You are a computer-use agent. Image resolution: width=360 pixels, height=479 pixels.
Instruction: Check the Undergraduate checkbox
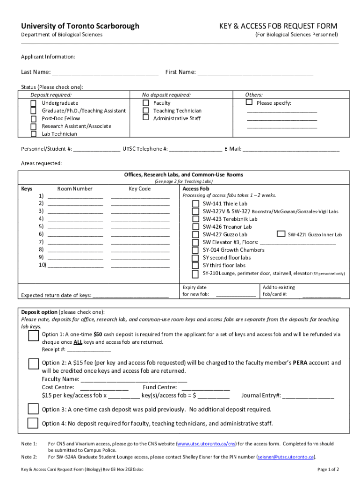(34, 103)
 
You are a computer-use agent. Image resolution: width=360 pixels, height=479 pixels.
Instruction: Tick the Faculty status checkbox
(145, 103)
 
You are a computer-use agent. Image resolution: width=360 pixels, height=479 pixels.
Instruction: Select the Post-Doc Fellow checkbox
(34, 119)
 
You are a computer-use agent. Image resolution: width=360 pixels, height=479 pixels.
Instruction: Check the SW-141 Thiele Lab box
(195, 204)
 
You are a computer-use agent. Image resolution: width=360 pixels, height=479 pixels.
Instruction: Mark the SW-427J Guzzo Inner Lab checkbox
(281, 234)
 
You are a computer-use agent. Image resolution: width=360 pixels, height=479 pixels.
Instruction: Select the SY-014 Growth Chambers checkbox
(195, 250)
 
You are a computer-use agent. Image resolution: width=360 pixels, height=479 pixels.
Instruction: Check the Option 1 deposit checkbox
(33, 336)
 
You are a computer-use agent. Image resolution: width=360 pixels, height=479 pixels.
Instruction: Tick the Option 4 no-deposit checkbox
(33, 423)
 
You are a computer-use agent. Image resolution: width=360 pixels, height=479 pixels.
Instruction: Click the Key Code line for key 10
(140, 266)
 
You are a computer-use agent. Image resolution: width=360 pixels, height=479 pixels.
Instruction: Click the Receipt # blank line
(89, 350)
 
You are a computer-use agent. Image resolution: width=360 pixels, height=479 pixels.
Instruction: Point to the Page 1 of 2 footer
(328, 469)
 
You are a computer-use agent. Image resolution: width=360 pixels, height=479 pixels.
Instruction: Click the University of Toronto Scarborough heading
(80, 26)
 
